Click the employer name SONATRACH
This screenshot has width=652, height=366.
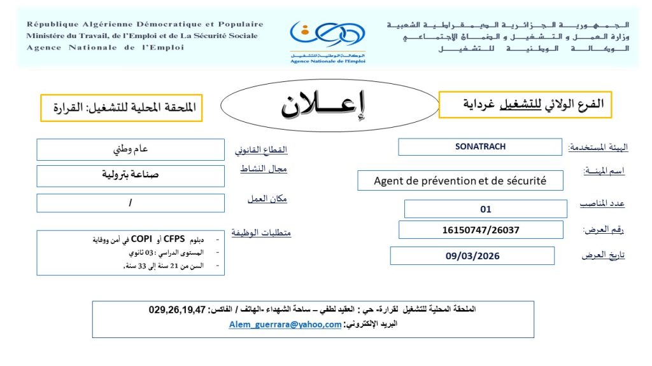click(x=480, y=147)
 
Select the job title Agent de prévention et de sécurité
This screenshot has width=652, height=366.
click(x=460, y=181)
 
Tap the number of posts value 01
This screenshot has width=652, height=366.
click(x=486, y=209)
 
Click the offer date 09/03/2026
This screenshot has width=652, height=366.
click(x=472, y=256)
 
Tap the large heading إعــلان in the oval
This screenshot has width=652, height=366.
click(x=325, y=105)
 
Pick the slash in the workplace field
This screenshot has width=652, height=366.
click(x=131, y=203)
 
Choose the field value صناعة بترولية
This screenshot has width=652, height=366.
click(x=131, y=175)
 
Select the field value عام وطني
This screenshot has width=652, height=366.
click(x=131, y=150)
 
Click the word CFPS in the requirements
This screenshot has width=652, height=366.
click(x=174, y=240)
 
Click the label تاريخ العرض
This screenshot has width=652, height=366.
click(x=603, y=255)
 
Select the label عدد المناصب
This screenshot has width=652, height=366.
click(x=602, y=203)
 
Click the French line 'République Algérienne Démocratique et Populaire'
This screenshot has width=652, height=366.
click(x=145, y=25)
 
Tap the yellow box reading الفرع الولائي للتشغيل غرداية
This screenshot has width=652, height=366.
click(x=525, y=104)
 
